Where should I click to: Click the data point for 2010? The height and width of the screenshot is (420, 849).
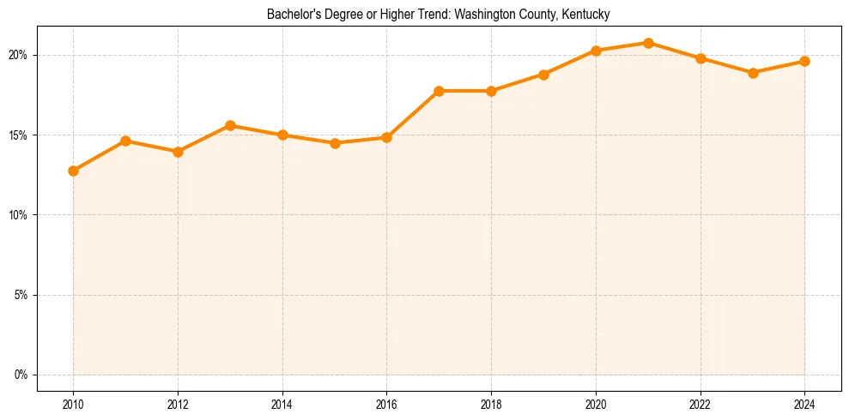pyautogui.click(x=73, y=171)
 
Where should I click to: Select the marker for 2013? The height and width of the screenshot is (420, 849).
pyautogui.click(x=230, y=126)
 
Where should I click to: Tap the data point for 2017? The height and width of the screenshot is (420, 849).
pyautogui.click(x=439, y=91)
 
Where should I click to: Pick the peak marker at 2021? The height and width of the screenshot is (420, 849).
pyautogui.click(x=648, y=43)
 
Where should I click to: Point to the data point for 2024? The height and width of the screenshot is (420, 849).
pyautogui.click(x=804, y=61)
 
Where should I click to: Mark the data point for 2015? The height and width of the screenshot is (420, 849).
pyautogui.click(x=335, y=143)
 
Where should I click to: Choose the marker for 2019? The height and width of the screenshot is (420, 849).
pyautogui.click(x=543, y=75)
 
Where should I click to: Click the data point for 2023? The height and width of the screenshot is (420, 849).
pyautogui.click(x=753, y=73)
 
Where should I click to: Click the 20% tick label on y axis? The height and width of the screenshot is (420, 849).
pyautogui.click(x=18, y=55)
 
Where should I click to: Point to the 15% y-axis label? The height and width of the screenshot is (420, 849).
pyautogui.click(x=18, y=135)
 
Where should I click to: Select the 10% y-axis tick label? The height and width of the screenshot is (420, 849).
pyautogui.click(x=18, y=215)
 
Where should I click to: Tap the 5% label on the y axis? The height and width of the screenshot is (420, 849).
pyautogui.click(x=21, y=295)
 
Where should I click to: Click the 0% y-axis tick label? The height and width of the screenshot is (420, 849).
pyautogui.click(x=21, y=375)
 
